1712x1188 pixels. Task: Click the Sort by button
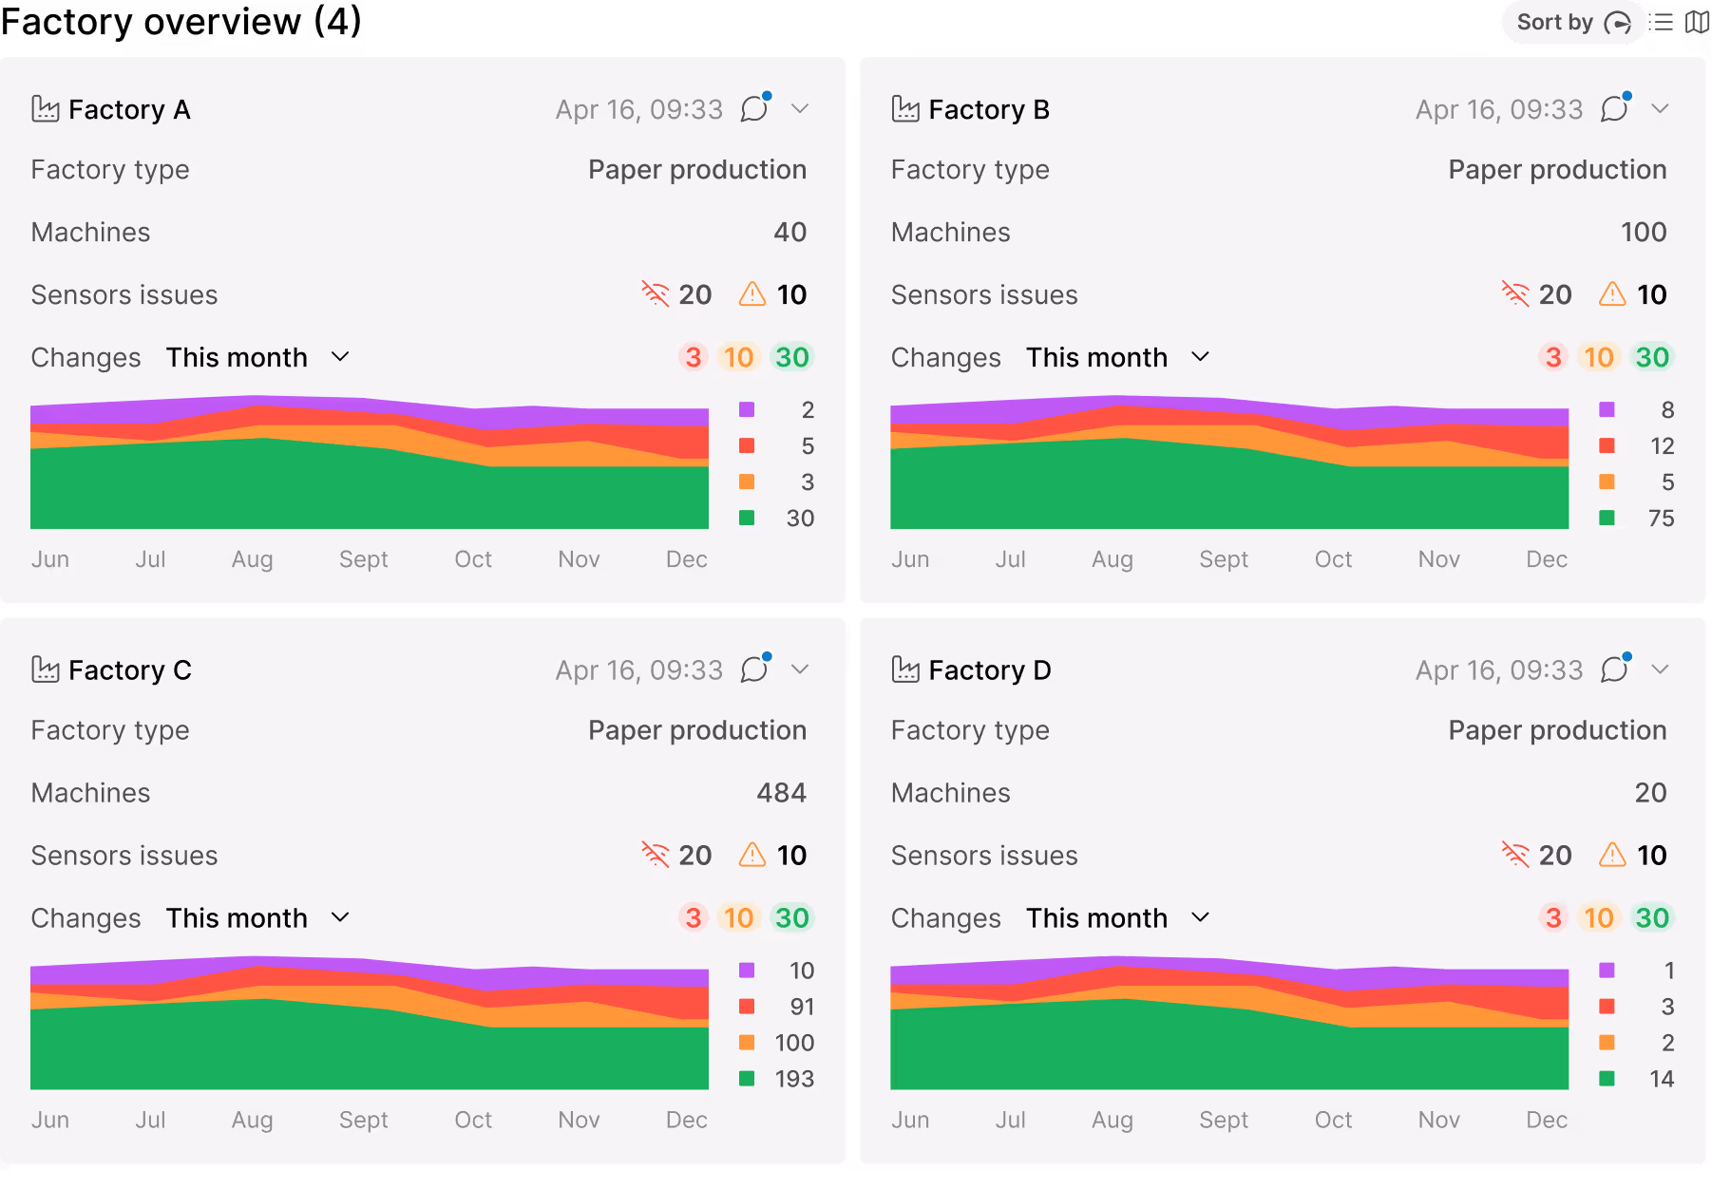(x=1572, y=23)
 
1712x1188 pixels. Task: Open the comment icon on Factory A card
(x=754, y=109)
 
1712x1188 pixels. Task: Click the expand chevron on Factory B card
(x=1660, y=109)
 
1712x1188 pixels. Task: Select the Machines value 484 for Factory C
(x=781, y=793)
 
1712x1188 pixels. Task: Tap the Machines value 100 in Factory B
(x=1643, y=233)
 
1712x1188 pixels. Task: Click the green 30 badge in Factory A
(x=791, y=358)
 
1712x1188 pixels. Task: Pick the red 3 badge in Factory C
(x=693, y=918)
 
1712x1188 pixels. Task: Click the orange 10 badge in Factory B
(x=1598, y=358)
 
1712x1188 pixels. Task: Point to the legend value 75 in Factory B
(x=1661, y=519)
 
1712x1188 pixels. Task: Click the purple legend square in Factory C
(x=747, y=971)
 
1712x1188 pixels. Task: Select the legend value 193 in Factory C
(x=794, y=1079)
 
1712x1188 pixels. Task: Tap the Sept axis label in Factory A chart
(x=363, y=559)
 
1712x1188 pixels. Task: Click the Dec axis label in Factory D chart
(x=1546, y=1121)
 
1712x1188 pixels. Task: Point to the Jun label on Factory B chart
(x=909, y=559)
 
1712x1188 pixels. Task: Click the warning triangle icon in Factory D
(x=1612, y=856)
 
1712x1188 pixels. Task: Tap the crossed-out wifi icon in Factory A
(x=656, y=294)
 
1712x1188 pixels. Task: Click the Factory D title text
(x=989, y=670)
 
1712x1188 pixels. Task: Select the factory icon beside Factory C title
(x=46, y=670)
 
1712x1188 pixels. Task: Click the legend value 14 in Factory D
(x=1661, y=1079)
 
